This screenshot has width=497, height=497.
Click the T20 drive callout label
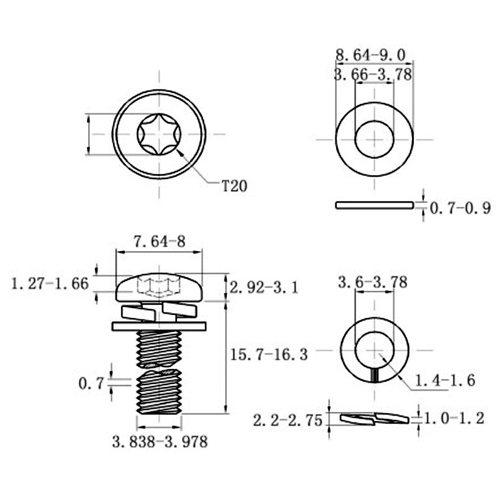234,186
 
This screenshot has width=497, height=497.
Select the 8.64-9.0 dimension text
370,55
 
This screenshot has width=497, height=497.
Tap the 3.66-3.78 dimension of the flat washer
373,75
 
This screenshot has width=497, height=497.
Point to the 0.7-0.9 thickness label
460,208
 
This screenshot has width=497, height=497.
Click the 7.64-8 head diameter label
160,242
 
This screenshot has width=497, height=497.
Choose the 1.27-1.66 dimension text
50,283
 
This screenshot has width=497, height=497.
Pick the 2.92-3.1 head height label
264,288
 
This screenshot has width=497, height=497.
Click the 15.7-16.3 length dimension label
269,354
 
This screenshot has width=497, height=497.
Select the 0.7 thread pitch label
91,384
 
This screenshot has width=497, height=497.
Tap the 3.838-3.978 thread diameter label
160,442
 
